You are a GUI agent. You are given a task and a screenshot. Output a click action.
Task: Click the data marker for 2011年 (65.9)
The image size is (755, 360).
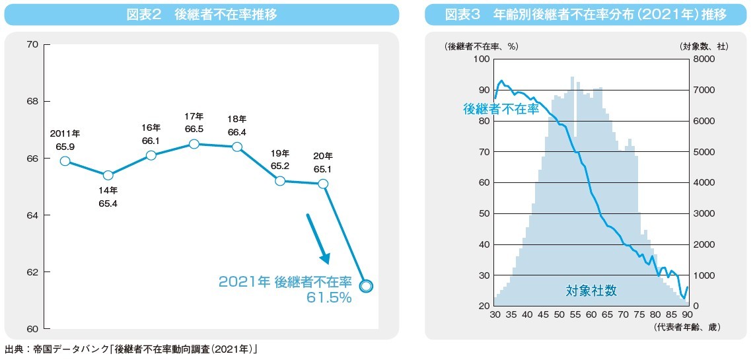coord(65,161)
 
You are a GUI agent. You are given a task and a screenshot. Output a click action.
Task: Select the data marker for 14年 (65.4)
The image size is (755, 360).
coord(108,175)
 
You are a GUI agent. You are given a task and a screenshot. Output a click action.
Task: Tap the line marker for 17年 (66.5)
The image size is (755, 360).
coord(194,144)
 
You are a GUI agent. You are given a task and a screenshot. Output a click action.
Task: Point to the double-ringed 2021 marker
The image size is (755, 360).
coord(367,285)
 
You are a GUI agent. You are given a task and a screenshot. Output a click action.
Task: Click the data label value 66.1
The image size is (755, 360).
coord(151,141)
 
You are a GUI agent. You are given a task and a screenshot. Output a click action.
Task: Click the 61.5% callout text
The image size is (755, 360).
coord(329,298)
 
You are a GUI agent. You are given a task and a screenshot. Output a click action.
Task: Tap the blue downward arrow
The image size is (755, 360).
coord(318,238)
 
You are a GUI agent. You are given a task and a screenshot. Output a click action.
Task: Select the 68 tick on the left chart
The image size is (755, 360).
coord(32,102)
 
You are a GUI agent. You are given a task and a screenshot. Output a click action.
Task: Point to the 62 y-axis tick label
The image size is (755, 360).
coord(32,272)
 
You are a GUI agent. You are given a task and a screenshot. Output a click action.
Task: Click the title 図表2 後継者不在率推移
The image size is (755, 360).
coord(201,15)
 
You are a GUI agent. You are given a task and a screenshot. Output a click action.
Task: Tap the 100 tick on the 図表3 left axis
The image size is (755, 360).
coord(481,59)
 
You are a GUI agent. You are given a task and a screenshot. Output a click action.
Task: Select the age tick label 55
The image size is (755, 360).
coord(575,315)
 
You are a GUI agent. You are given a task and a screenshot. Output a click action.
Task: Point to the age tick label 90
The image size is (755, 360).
coord(687,315)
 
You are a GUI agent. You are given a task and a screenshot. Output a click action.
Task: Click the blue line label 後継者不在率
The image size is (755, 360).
coord(501,109)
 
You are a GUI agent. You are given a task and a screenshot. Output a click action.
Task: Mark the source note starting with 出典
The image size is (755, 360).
coord(130,349)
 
